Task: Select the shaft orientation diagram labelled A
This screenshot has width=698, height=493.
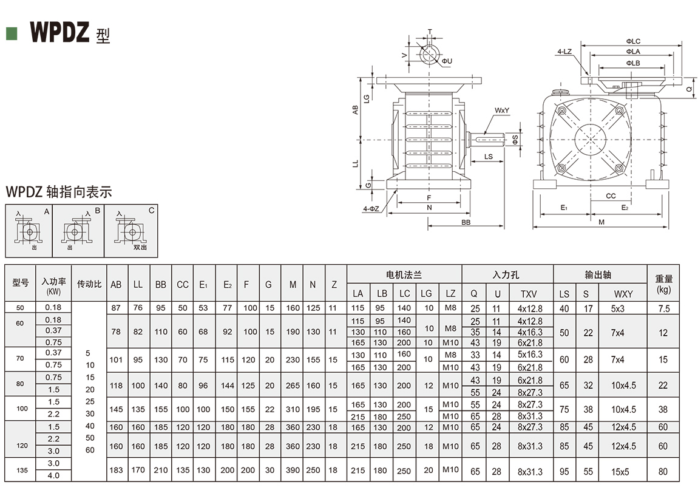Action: point(29,231)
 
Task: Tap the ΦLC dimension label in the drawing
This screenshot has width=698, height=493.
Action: point(633,41)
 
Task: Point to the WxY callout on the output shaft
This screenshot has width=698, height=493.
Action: point(501,110)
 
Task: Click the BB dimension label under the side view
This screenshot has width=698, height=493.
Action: point(466,223)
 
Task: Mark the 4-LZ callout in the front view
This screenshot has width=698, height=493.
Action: point(564,53)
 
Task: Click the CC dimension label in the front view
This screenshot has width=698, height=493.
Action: point(611,196)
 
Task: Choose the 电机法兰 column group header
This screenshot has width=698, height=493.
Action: point(404,275)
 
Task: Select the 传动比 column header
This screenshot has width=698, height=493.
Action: point(89,284)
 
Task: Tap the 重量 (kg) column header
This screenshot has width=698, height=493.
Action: point(663,284)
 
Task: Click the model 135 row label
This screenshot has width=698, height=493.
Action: point(20,470)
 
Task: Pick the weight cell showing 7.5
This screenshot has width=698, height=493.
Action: point(663,308)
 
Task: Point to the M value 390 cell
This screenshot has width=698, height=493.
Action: point(293,471)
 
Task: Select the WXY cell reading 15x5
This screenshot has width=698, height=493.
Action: point(622,471)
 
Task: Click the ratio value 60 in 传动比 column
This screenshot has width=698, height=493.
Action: point(90,450)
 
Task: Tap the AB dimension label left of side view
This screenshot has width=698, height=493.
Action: point(356,109)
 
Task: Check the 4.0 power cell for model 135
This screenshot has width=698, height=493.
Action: point(53,475)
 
